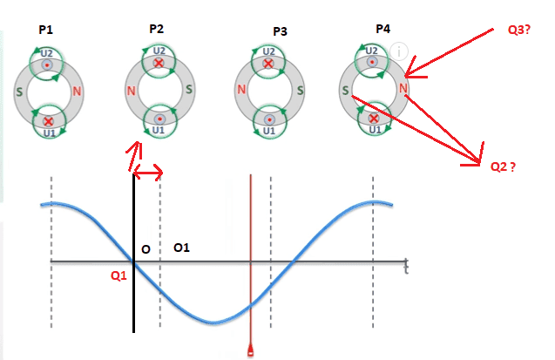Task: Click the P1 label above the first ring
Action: coord(46,30)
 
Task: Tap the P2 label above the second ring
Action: coord(157,29)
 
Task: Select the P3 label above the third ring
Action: coord(280,31)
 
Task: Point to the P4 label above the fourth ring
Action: coord(382,29)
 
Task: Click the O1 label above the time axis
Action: coord(182,248)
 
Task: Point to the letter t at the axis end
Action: coord(407,267)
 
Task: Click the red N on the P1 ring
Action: coord(78,90)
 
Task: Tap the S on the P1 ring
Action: coord(18,90)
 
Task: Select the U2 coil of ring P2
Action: coord(159,62)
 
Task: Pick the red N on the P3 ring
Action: coord(240,90)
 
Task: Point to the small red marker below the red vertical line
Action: coord(251,351)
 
